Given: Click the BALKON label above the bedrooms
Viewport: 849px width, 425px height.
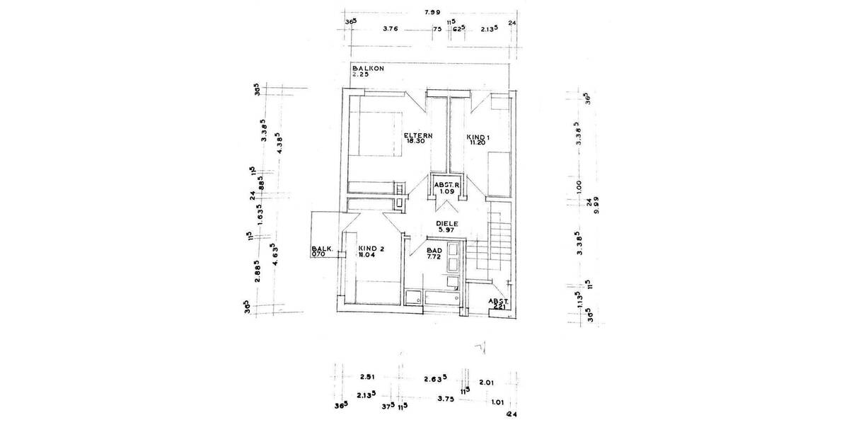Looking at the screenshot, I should click(x=367, y=69).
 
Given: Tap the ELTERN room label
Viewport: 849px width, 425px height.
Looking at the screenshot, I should click(x=417, y=135).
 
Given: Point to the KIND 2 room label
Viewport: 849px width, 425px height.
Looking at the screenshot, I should click(x=371, y=248).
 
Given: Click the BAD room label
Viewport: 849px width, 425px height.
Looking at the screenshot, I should click(x=435, y=251).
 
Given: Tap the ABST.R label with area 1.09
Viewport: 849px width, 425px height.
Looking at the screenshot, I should click(x=447, y=186).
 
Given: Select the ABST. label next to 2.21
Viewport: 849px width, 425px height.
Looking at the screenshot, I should click(x=499, y=300).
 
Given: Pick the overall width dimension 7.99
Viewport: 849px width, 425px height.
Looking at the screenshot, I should click(x=430, y=12).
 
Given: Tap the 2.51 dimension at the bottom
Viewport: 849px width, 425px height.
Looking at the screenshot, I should click(x=366, y=378).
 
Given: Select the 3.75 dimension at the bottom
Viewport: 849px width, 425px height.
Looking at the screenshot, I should click(x=445, y=398).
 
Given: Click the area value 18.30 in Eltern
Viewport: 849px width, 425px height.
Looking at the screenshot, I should click(x=415, y=141).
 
